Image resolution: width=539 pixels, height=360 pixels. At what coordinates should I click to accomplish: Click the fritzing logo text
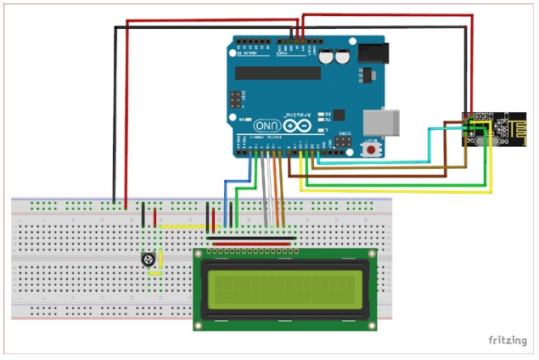click(x=506, y=340)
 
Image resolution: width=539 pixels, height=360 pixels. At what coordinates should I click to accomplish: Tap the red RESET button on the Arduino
click(x=371, y=149)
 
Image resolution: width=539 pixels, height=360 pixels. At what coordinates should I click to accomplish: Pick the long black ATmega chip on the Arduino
click(x=278, y=73)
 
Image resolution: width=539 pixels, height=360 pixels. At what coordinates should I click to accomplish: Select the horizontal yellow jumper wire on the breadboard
click(x=185, y=227)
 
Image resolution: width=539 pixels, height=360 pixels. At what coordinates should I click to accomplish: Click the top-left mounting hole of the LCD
click(x=200, y=254)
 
